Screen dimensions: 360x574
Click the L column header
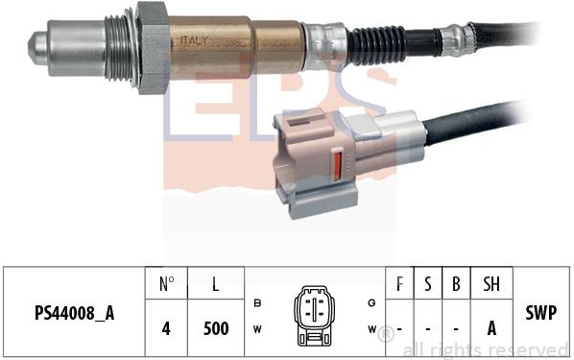click(216, 284)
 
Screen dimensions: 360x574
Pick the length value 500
click(216, 327)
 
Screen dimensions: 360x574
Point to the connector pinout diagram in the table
click(314, 314)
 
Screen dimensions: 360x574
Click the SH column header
click(490, 284)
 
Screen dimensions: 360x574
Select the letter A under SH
click(490, 327)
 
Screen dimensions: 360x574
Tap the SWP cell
click(542, 313)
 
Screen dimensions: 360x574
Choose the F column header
click(398, 284)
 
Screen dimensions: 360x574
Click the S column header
click(427, 284)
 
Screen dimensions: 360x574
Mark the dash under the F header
click(398, 327)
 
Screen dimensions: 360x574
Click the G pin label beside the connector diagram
click(371, 302)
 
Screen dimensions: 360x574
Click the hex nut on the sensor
click(152, 46)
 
